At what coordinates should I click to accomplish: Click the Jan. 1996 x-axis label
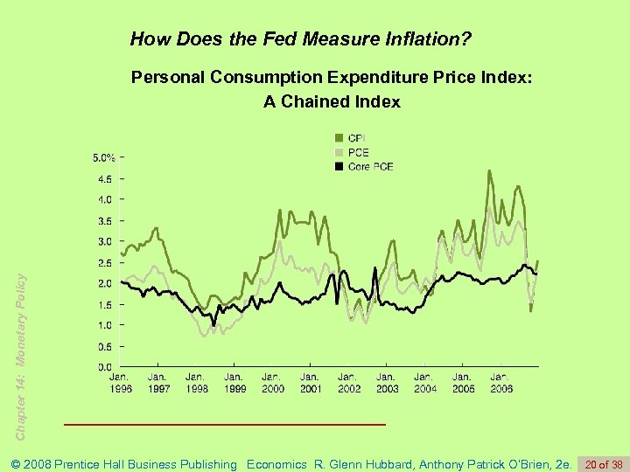coord(121,383)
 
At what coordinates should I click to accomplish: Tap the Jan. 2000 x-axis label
coord(272,383)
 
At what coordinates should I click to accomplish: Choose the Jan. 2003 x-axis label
coord(386,383)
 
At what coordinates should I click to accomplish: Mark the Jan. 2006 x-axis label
coord(500,383)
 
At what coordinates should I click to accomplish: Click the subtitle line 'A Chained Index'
coord(332,102)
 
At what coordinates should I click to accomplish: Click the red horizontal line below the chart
coord(225,424)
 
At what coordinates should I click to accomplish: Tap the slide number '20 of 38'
coord(605,464)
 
